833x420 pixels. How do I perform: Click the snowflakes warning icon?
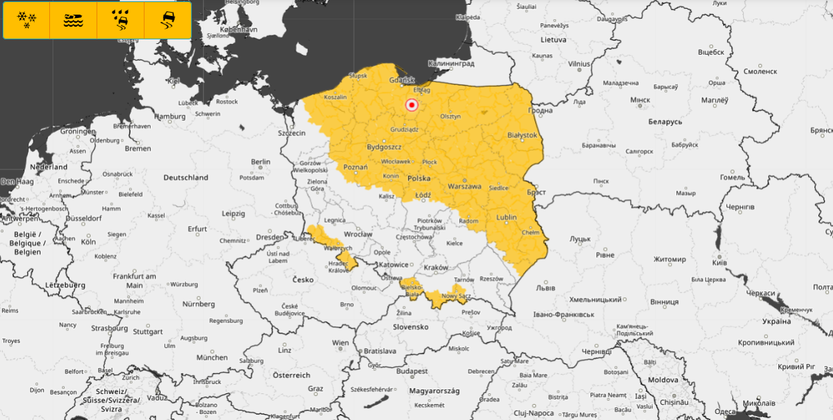[27, 20]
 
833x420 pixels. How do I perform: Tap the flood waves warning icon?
[73, 20]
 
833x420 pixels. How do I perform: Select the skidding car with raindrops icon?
[121, 20]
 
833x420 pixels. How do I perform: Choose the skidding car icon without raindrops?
[167, 20]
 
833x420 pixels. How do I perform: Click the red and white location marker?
[411, 105]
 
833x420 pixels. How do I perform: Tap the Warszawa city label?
[464, 186]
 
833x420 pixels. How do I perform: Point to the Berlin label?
[261, 161]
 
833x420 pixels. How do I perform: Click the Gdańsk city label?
[402, 79]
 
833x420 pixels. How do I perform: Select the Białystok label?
[522, 135]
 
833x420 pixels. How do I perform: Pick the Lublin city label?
[506, 217]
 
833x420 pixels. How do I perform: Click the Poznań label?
[355, 167]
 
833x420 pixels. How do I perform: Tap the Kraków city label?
[436, 267]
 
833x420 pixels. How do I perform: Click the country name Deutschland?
[186, 177]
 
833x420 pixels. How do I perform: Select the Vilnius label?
[579, 64]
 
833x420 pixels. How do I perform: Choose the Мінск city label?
[640, 100]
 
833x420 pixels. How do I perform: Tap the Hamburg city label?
[169, 116]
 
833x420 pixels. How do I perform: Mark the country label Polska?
[419, 179]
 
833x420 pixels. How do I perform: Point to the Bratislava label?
[379, 351]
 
